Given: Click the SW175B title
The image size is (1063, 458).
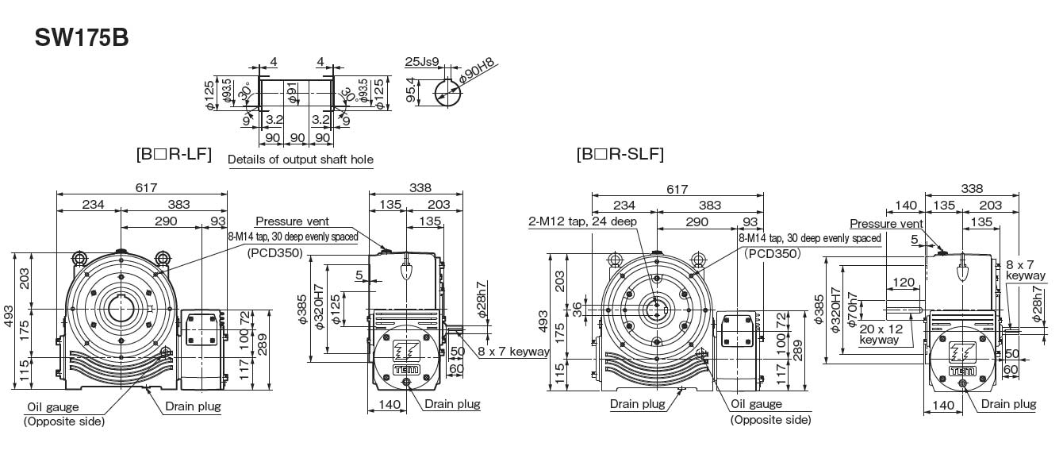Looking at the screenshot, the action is pyautogui.click(x=82, y=38).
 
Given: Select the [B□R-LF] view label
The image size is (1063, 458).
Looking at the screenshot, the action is pyautogui.click(x=174, y=154).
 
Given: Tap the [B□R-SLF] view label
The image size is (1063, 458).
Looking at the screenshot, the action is pyautogui.click(x=620, y=154).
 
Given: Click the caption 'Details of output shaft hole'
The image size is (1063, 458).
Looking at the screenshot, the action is pyautogui.click(x=301, y=160).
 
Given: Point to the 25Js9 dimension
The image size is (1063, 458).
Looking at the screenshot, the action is pyautogui.click(x=422, y=62).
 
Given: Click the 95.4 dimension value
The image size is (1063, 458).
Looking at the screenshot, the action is pyautogui.click(x=411, y=90).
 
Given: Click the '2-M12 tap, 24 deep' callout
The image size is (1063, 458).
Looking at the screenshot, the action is pyautogui.click(x=583, y=221).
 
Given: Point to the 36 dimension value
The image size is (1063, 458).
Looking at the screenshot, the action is pyautogui.click(x=576, y=310).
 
